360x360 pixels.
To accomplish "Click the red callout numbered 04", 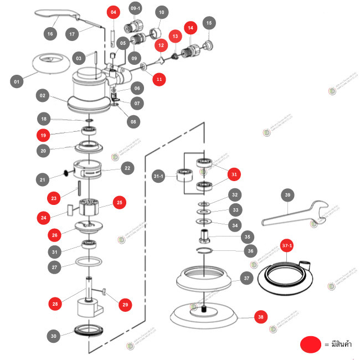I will (x=113, y=12).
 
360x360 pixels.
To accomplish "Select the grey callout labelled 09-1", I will (x=135, y=9).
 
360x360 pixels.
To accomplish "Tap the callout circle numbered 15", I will (x=208, y=23).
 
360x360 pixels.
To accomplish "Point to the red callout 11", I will (x=160, y=80).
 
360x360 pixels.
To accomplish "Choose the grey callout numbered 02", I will (x=43, y=95).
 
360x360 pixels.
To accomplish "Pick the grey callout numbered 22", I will (x=127, y=168).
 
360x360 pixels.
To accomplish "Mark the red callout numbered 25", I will (x=120, y=203).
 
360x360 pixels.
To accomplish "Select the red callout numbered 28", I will (x=55, y=304).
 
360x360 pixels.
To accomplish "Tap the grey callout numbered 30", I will (x=53, y=336).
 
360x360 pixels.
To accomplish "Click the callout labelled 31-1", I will (x=158, y=176).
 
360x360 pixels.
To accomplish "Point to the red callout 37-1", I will (x=287, y=244).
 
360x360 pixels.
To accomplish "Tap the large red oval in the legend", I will (x=312, y=344).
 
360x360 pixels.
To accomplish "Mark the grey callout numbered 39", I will (x=287, y=195).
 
